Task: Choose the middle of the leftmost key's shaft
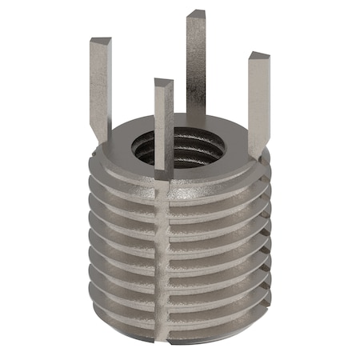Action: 100,88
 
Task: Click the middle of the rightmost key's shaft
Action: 258,104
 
